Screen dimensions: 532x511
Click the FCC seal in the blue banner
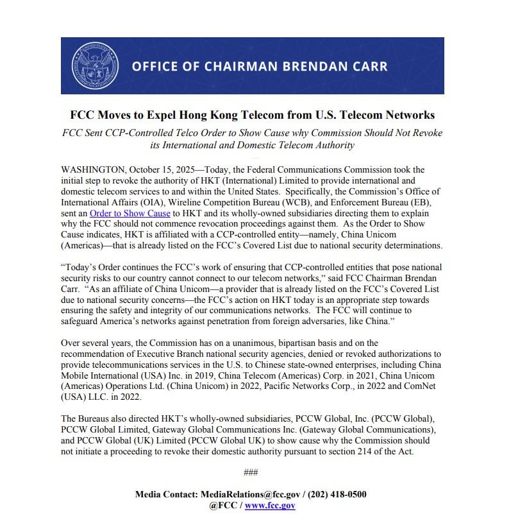[x=95, y=65]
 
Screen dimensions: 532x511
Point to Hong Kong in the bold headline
[x=224, y=116]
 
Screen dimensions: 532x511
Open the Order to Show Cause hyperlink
[x=130, y=213]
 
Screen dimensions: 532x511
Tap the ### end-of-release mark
[x=251, y=473]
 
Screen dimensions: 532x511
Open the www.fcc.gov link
[x=270, y=506]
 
